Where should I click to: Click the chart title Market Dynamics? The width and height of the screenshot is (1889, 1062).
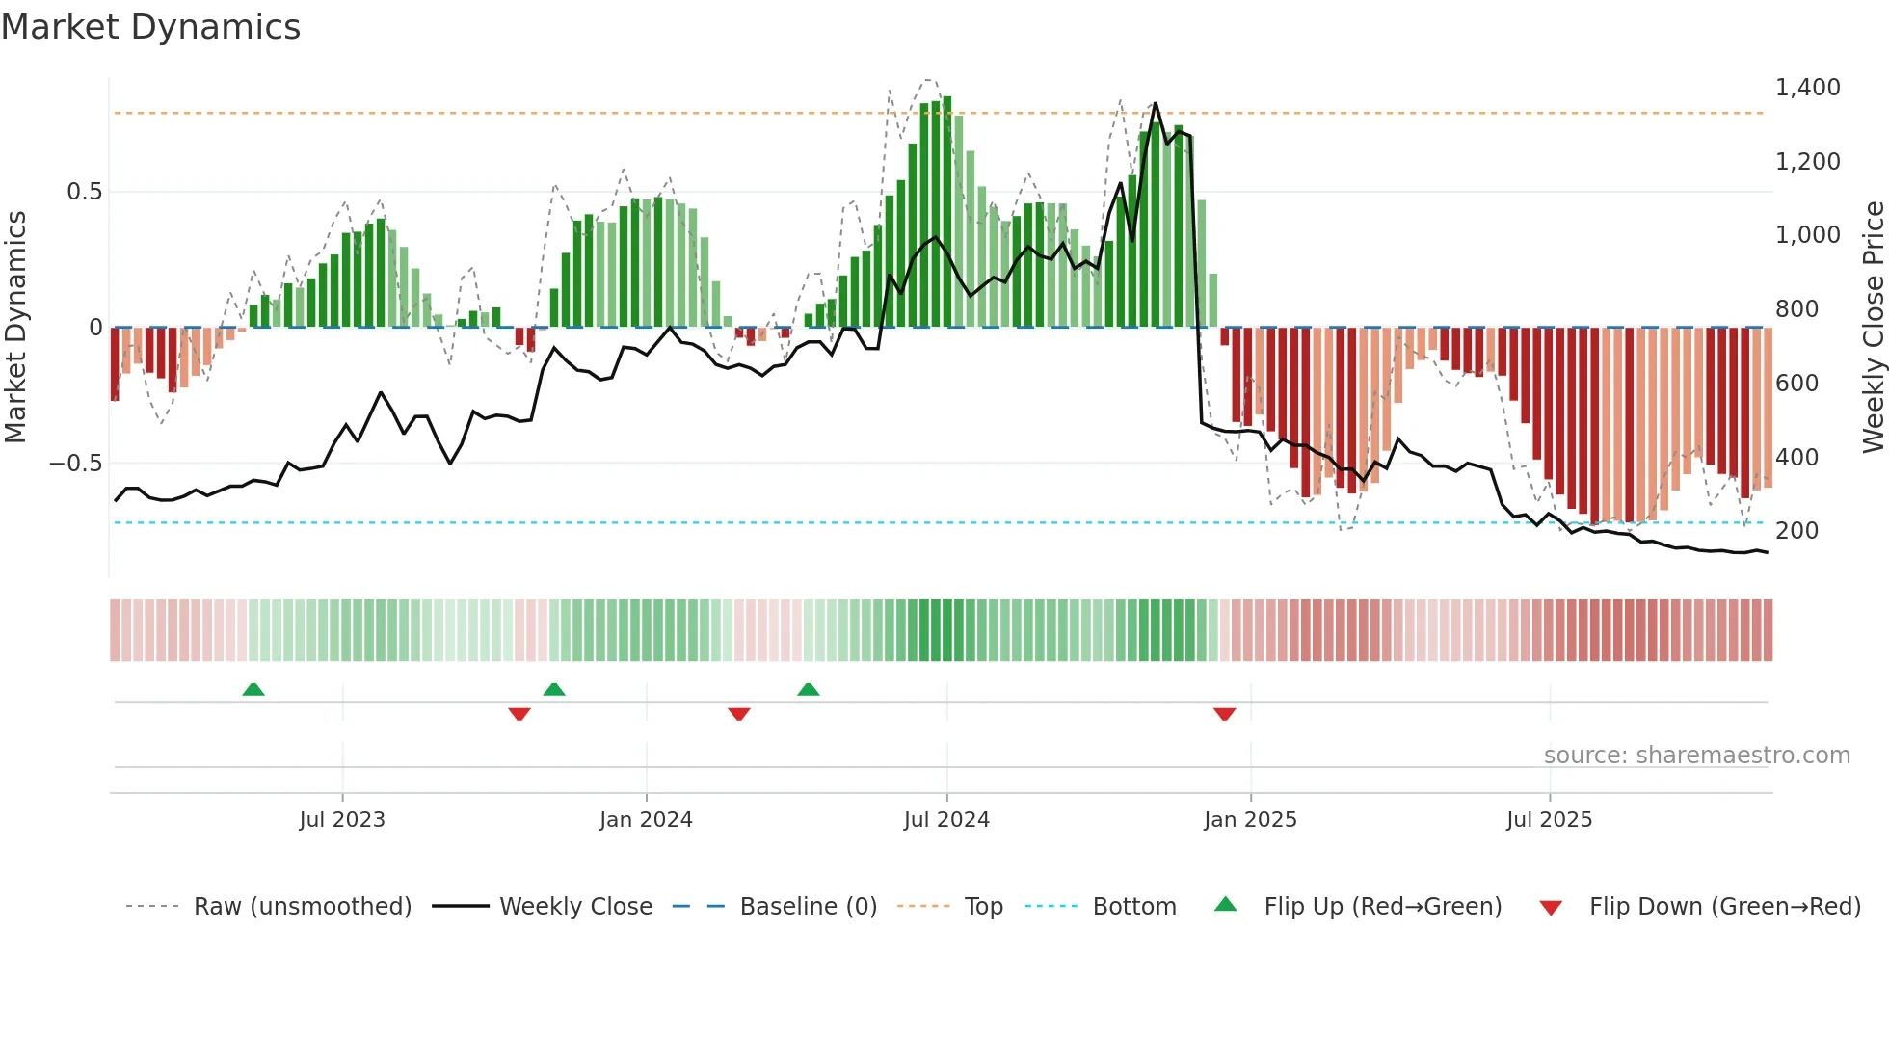150,27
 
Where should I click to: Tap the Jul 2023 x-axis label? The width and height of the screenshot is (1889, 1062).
342,820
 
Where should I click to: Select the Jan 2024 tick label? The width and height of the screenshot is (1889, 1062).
646,820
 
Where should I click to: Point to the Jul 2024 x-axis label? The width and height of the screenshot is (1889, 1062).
946,820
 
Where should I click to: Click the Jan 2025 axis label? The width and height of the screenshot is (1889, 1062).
1250,820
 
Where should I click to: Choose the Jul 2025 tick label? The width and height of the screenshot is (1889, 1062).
1550,820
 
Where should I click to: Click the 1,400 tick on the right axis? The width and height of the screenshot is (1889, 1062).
1807,88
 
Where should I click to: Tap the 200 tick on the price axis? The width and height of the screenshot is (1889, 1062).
1796,531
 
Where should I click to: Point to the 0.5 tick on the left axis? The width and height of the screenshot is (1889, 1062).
84,192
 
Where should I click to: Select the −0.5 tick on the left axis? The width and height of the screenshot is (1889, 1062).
76,464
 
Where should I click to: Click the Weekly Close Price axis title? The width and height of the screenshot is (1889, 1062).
1873,327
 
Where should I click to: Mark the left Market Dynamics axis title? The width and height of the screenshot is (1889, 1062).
15,327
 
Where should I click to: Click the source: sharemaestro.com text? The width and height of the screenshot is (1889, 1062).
1696,756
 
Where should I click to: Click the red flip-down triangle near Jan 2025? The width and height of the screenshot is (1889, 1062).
1225,714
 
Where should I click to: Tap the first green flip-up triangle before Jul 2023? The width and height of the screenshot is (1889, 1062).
253,689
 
